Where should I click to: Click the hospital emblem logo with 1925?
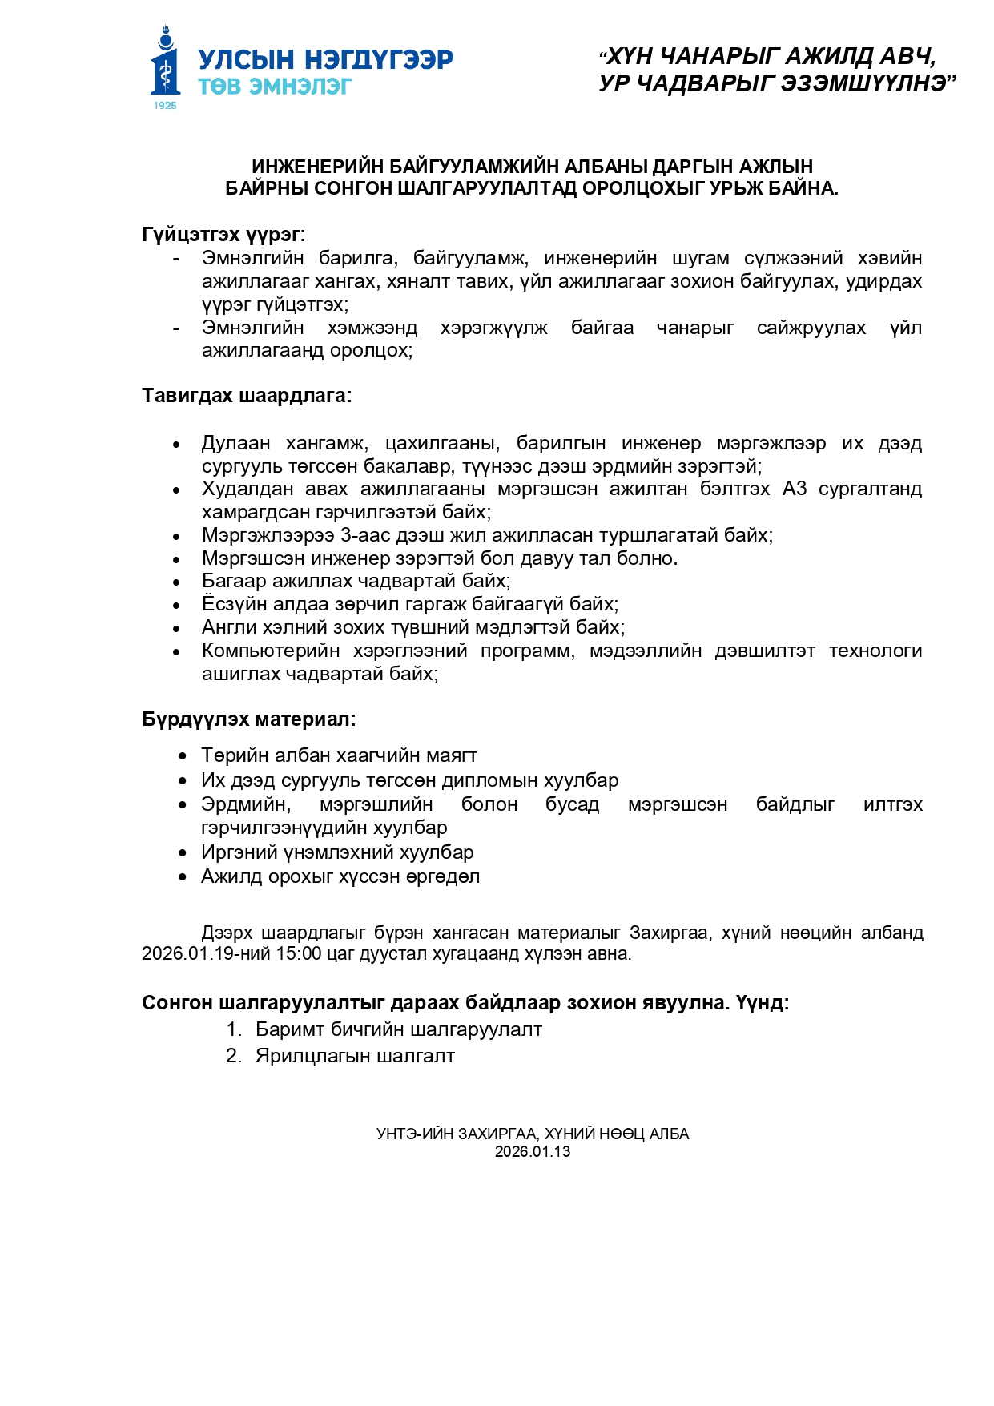point(166,68)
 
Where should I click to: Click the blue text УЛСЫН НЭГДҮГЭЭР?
point(325,59)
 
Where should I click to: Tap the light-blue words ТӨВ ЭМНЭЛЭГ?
point(275,86)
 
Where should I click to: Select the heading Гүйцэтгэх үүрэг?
point(223,234)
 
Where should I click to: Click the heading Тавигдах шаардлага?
point(247,395)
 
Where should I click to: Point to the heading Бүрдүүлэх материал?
point(248,719)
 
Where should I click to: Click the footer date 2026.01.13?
point(533,1151)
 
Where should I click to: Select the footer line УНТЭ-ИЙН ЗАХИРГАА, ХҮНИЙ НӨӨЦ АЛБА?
point(533,1134)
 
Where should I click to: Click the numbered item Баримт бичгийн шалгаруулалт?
point(398,1029)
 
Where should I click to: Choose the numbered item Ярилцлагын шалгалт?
point(355,1056)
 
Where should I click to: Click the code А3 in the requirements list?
point(795,489)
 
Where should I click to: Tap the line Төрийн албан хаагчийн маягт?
point(339,755)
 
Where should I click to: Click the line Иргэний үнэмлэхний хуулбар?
point(337,852)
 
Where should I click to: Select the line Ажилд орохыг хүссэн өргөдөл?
point(340,876)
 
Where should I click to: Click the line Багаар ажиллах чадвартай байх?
point(356,581)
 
